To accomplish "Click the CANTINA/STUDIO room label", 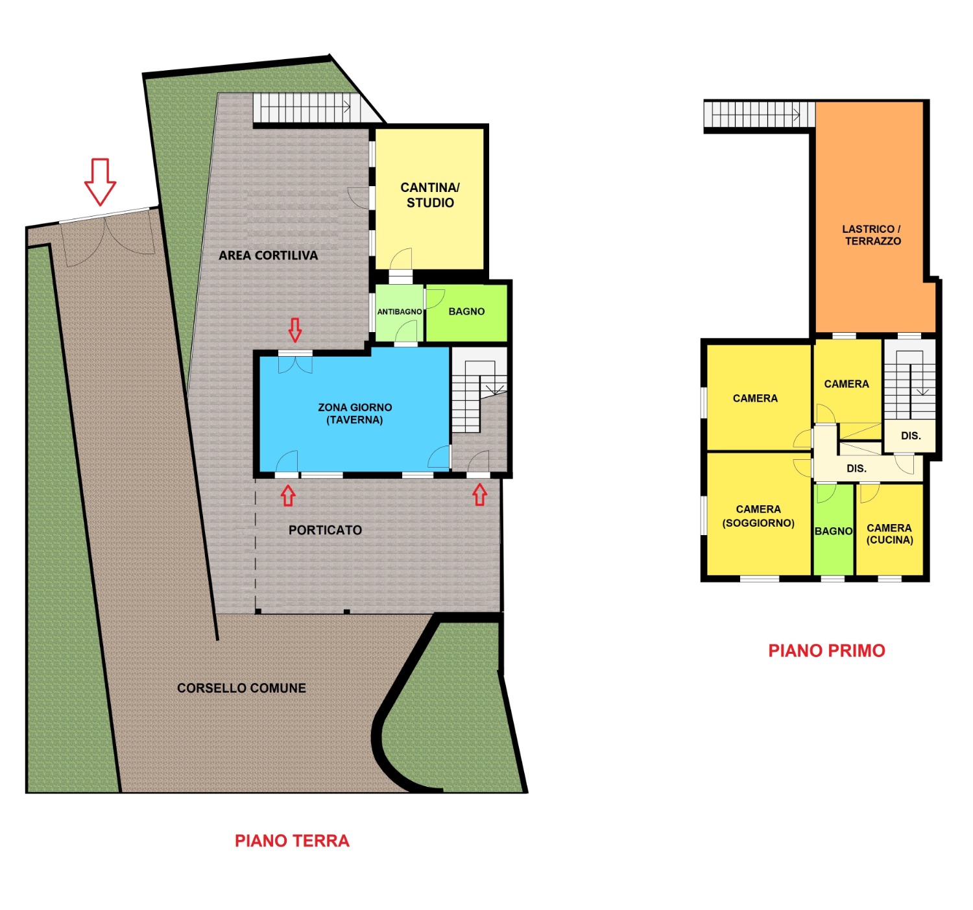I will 430,195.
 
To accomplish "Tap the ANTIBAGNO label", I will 400,312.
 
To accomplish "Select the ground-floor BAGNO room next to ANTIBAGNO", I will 466,312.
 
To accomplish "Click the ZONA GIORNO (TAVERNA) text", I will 355,414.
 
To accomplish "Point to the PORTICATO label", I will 325,531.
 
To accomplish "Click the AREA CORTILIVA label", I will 268,256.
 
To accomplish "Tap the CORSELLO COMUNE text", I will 241,688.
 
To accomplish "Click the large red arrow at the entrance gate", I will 100,181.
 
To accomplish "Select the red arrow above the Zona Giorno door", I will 295,330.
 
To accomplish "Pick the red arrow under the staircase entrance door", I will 479,495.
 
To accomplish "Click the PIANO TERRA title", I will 292,841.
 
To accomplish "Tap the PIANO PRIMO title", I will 826,651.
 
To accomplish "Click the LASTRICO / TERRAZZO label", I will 872,235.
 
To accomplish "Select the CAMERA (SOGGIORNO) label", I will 758,516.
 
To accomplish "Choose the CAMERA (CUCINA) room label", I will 889,534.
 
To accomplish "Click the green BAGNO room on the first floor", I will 834,531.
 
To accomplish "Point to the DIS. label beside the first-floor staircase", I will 911,436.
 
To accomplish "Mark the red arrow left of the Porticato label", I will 288,496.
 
